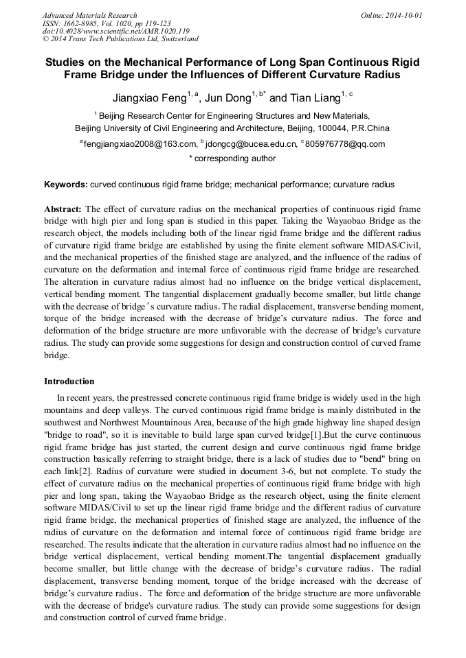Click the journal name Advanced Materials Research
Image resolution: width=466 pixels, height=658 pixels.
[x=89, y=15]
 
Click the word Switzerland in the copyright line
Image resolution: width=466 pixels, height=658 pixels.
[x=177, y=40]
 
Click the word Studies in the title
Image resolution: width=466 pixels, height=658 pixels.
[x=68, y=62]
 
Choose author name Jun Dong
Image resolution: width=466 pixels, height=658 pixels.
[x=227, y=97]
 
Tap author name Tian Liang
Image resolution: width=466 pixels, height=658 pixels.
[x=315, y=97]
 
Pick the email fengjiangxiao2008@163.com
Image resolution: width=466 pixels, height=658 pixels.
[x=140, y=144]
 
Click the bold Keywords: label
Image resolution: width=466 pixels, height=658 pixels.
[x=66, y=185]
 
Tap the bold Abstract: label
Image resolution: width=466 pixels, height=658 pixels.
[x=63, y=209]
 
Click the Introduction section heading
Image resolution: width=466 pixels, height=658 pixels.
[x=69, y=381]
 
